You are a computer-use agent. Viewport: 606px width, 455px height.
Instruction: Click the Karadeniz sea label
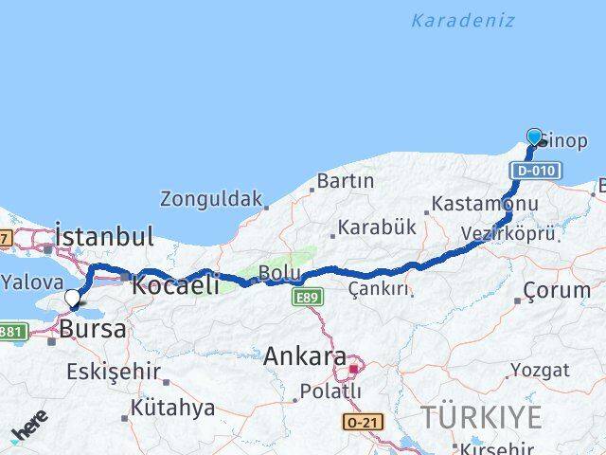tap(463, 20)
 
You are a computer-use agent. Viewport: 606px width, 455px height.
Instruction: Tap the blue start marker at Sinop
tap(534, 137)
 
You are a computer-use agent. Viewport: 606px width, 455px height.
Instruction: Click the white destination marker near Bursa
tap(72, 300)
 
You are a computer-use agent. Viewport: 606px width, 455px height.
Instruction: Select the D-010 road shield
tap(536, 171)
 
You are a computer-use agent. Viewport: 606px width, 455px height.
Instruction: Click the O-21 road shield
tap(363, 418)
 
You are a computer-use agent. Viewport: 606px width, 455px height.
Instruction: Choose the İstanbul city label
tap(105, 236)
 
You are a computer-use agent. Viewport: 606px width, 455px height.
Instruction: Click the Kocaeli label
tap(175, 283)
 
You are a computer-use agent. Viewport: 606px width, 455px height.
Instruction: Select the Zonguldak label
tap(210, 199)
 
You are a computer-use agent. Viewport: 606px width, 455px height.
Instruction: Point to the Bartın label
tap(346, 180)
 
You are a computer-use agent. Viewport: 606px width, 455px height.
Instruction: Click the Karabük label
tap(377, 228)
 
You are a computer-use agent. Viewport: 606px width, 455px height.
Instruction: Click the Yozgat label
tap(541, 370)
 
